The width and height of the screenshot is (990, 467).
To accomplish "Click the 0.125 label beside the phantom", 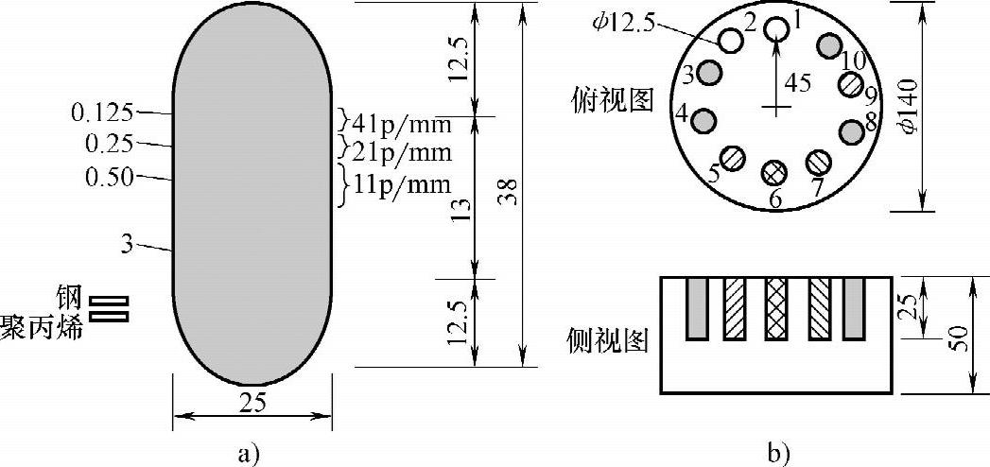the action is [102, 112].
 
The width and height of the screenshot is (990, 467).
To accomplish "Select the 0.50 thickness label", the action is [110, 178].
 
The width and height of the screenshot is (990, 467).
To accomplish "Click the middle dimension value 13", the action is [463, 208].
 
